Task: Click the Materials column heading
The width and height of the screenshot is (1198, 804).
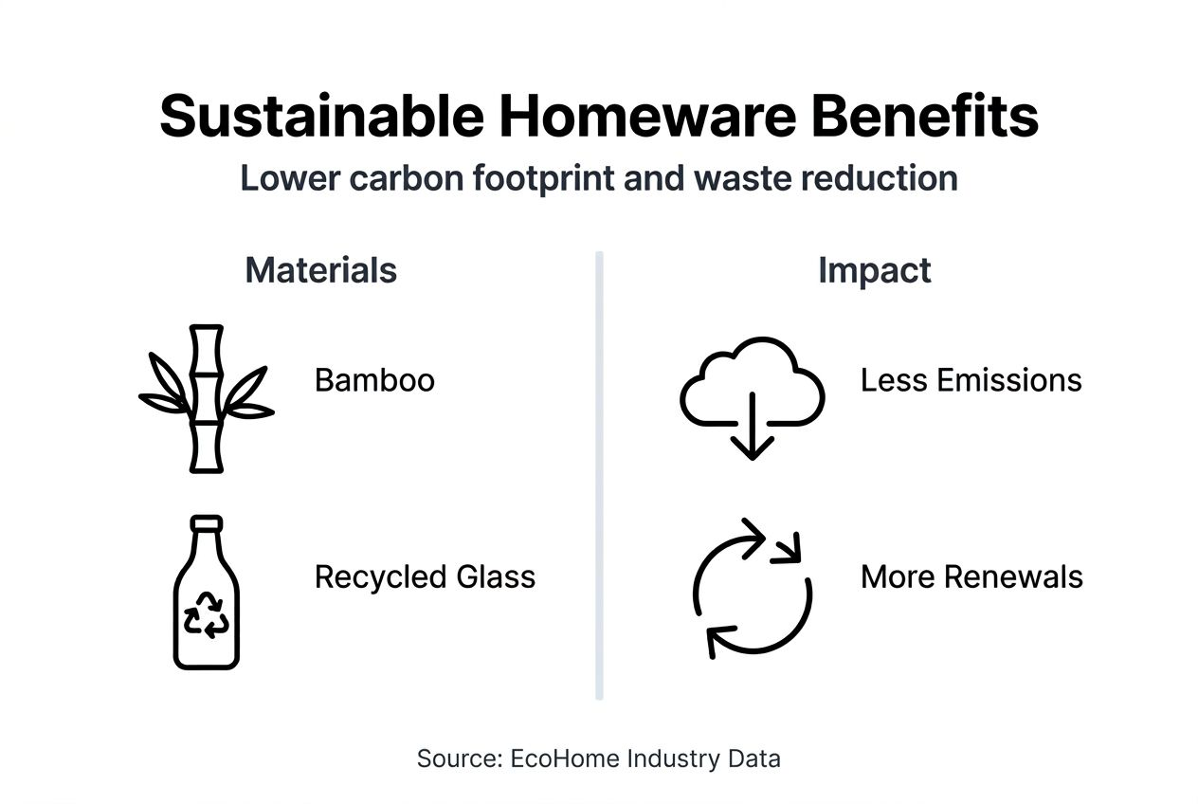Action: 320,270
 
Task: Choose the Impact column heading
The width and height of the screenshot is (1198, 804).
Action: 874,270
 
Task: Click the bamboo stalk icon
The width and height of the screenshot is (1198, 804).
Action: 206,398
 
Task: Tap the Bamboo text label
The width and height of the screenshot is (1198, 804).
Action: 374,380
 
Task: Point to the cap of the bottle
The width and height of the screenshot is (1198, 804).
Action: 206,523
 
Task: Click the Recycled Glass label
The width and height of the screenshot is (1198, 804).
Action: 425,576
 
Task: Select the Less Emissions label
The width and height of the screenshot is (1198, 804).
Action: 971,380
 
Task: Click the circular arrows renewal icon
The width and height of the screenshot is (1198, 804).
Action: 752,588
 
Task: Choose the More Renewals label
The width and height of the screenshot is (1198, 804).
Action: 971,576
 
